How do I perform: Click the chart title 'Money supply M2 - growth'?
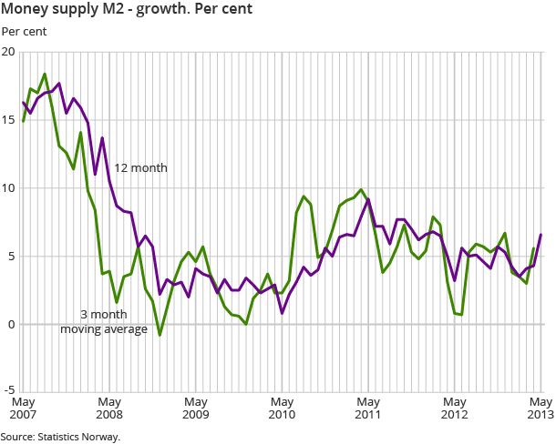(x=128, y=10)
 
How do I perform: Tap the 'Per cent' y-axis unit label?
(x=24, y=32)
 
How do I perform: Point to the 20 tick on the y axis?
(x=9, y=52)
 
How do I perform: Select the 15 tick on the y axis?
(x=9, y=120)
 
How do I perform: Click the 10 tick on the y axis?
(x=9, y=188)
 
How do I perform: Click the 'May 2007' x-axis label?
(x=23, y=408)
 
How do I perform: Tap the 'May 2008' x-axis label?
(x=109, y=408)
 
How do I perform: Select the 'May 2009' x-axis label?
(x=196, y=408)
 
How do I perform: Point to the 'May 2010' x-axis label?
(x=283, y=408)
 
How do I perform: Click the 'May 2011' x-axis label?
(x=368, y=408)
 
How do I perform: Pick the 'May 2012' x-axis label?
(x=455, y=408)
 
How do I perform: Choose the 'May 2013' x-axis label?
(x=541, y=408)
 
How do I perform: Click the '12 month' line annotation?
(x=140, y=168)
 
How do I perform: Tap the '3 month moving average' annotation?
(x=104, y=322)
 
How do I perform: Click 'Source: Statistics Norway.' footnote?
(x=60, y=437)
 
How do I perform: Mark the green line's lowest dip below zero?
(x=160, y=335)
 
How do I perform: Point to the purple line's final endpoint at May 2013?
(x=541, y=235)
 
